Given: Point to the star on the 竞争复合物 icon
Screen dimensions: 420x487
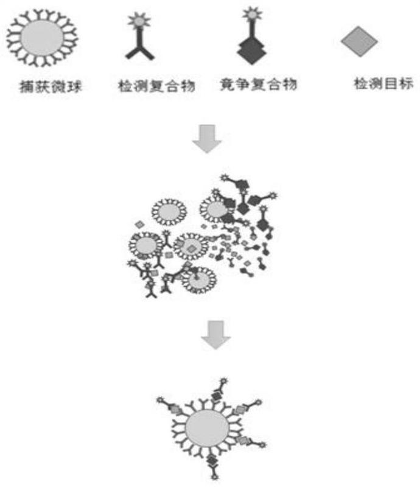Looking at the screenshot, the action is pyautogui.click(x=250, y=13).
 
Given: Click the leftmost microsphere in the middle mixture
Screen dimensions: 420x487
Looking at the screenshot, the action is pyautogui.click(x=145, y=245).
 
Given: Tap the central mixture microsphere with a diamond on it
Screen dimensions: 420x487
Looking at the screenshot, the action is pyautogui.click(x=191, y=248).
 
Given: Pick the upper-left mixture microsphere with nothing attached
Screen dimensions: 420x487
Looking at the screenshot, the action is pyautogui.click(x=169, y=211).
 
